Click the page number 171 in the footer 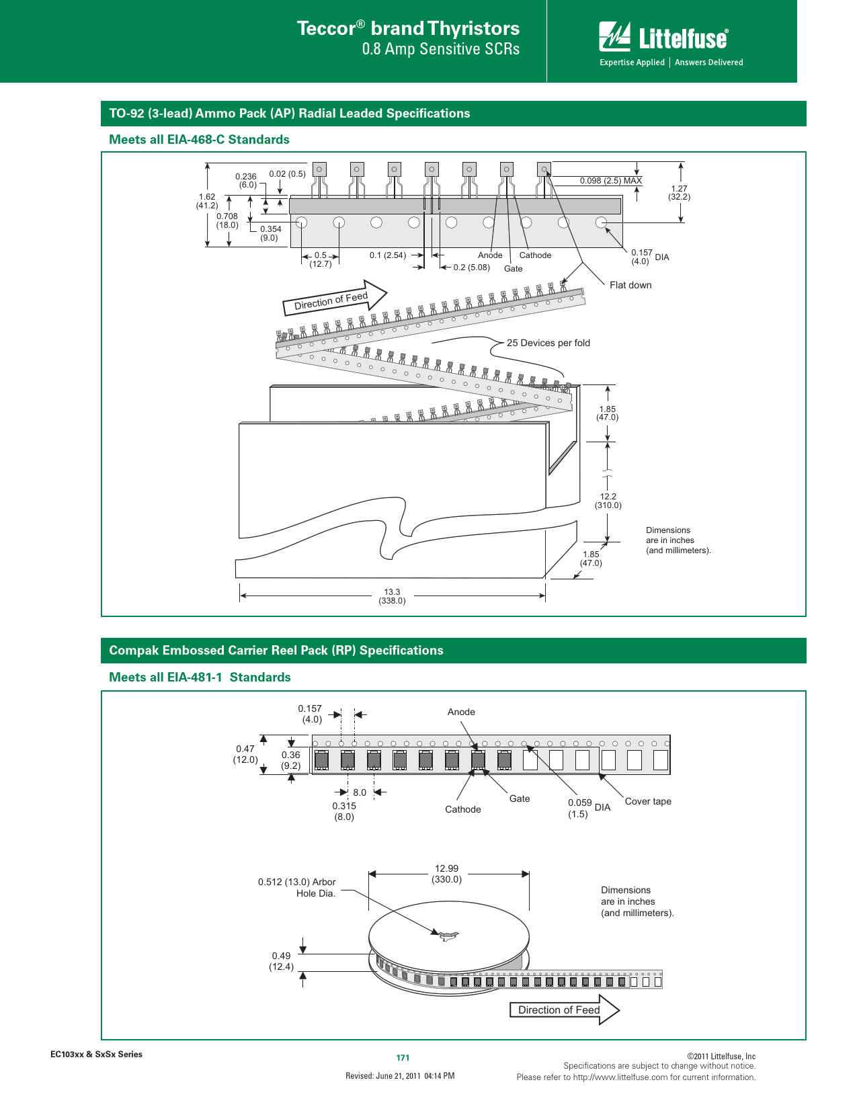coord(403,1057)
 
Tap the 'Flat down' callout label coord(630,285)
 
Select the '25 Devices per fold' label coord(548,343)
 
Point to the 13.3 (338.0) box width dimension coord(392,596)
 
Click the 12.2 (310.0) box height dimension coord(608,501)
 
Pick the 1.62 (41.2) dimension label coord(207,201)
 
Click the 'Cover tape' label coord(648,801)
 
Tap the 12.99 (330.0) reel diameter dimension coord(446,874)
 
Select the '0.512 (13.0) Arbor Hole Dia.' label coord(296,887)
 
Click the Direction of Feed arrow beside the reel coord(565,1010)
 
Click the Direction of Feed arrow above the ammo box coord(335,298)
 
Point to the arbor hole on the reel coord(445,935)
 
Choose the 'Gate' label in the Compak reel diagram coord(519,798)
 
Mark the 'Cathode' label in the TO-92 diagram coord(535,255)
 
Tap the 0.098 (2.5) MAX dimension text coord(610,181)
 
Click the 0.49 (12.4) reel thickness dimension coord(281,961)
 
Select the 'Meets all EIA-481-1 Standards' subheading coord(200,677)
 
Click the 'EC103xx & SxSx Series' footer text coord(97,1055)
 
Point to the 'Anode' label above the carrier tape coord(461,712)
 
